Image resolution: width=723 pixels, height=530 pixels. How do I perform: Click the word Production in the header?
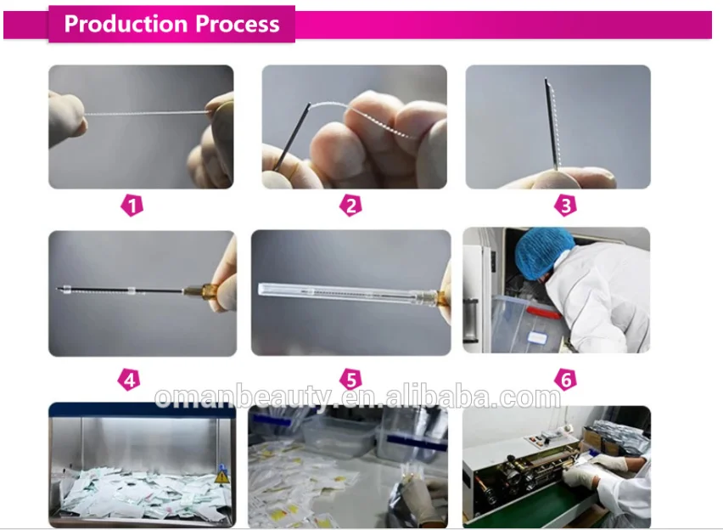(126, 24)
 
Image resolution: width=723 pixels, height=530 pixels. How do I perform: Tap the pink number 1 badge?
(132, 206)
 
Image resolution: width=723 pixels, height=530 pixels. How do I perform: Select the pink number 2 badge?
(350, 206)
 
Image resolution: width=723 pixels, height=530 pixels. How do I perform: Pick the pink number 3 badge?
(565, 206)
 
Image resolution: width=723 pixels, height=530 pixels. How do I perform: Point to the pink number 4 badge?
(129, 380)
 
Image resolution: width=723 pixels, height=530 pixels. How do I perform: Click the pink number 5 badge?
(350, 380)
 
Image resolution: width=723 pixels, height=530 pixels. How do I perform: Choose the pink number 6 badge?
(565, 379)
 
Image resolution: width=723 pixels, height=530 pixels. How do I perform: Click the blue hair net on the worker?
(543, 252)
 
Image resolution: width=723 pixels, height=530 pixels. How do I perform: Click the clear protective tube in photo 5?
(347, 294)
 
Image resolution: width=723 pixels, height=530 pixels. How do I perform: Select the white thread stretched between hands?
(146, 113)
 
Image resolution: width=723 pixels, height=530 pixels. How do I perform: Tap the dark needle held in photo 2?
(292, 137)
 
